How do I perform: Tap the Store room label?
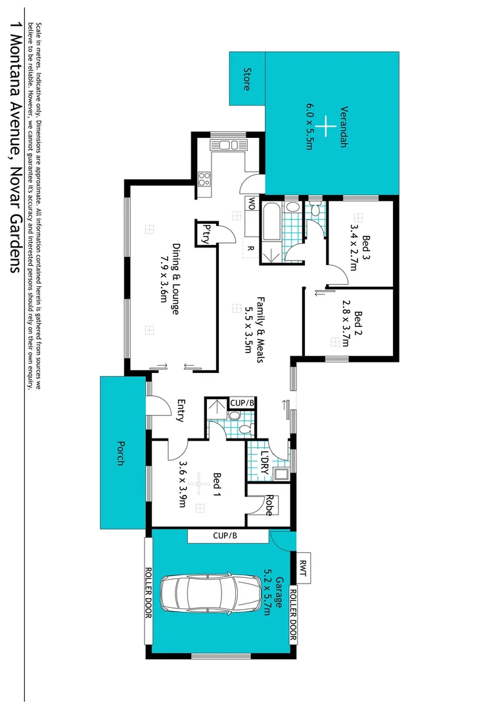[x=248, y=79]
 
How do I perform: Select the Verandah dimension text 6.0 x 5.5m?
[x=309, y=127]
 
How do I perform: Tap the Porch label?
[x=121, y=452]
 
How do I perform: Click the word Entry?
[x=180, y=411]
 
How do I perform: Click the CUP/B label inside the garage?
[x=223, y=536]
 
